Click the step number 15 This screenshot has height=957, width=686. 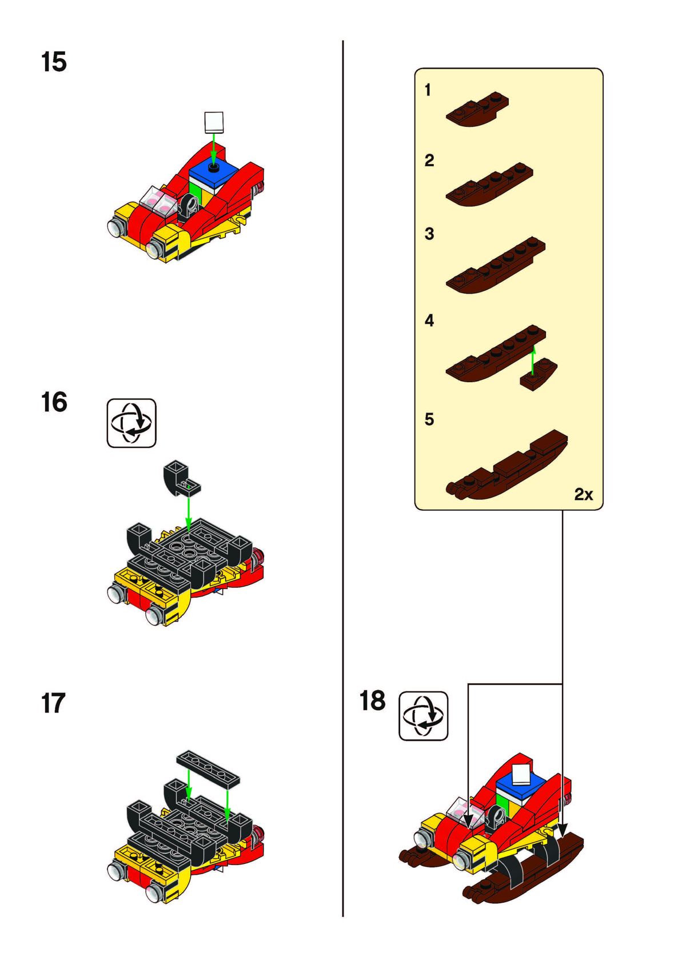pyautogui.click(x=54, y=62)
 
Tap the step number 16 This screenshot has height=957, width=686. pyautogui.click(x=54, y=402)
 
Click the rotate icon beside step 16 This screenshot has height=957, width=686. pyautogui.click(x=131, y=423)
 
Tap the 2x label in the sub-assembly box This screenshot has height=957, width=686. pyautogui.click(x=584, y=494)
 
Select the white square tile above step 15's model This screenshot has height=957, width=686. pyautogui.click(x=214, y=122)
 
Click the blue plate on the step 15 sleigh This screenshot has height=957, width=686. pyautogui.click(x=214, y=173)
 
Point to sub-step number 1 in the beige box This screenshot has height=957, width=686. pyautogui.click(x=428, y=90)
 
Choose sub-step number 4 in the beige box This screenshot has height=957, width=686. pyautogui.click(x=429, y=321)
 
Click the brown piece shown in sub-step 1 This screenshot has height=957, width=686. pyautogui.click(x=477, y=109)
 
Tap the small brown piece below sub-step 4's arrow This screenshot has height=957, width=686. pyautogui.click(x=538, y=374)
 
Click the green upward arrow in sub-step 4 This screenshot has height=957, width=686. pyautogui.click(x=533, y=360)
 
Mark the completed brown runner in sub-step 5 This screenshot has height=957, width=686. pyautogui.click(x=506, y=465)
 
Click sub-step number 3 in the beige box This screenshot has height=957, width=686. pyautogui.click(x=429, y=234)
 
